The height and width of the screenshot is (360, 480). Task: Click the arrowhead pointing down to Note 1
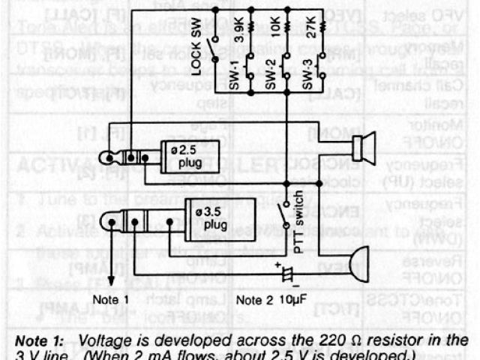point(111,281)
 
